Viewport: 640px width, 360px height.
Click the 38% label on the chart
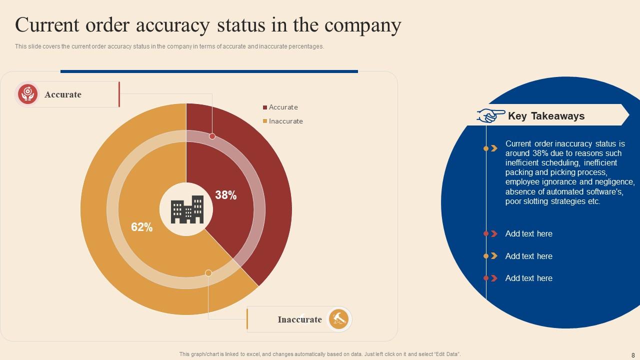(226, 195)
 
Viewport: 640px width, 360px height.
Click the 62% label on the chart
(142, 227)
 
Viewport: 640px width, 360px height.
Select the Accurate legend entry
(283, 107)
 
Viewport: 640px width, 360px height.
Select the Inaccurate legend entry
(285, 121)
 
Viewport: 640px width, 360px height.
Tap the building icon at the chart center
(187, 209)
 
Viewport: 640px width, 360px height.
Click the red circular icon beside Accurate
(27, 94)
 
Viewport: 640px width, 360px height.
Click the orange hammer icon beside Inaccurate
(338, 319)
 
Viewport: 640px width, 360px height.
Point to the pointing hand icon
(491, 115)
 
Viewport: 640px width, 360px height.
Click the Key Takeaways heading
(546, 116)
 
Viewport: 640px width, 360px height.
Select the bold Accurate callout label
(63, 94)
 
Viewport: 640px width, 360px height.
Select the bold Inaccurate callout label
(299, 319)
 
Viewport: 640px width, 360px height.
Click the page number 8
(633, 355)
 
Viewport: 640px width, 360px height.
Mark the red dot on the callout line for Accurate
(212, 136)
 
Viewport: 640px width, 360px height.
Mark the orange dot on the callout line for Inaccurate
(208, 273)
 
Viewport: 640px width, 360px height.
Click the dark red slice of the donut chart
(270, 200)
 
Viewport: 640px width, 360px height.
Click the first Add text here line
(528, 233)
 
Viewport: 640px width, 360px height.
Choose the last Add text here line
(528, 278)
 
